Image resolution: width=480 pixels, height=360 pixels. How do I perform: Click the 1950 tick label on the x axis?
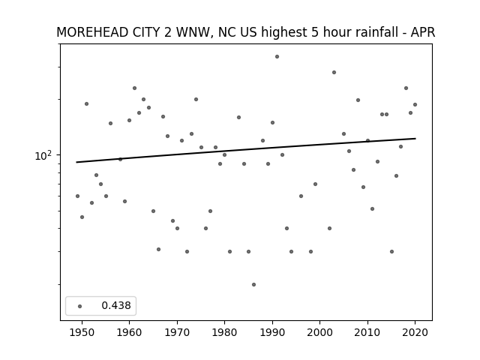[82, 332]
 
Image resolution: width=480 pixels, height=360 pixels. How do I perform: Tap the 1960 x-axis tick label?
[129, 332]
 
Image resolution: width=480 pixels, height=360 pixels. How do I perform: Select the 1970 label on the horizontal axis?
[177, 332]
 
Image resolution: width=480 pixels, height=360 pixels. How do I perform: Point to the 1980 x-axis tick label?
[224, 332]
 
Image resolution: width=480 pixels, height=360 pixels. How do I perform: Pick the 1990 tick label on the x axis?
[272, 332]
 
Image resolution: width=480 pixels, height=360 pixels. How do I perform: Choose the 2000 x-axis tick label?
[319, 332]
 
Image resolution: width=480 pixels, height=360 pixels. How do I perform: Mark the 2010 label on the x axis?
[367, 332]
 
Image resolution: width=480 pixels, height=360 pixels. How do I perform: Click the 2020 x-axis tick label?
[415, 332]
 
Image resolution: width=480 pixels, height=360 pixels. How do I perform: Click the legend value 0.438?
[116, 305]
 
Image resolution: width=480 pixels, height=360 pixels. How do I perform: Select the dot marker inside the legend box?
[80, 306]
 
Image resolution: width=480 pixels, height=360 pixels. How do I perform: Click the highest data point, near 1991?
[277, 57]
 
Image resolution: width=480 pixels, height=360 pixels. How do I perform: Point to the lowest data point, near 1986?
[253, 285]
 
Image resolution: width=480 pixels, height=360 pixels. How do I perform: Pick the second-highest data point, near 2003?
[334, 73]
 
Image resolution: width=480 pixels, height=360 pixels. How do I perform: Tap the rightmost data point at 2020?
[415, 105]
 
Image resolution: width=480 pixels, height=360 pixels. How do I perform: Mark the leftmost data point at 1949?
[77, 196]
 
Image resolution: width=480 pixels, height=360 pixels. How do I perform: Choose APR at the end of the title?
[423, 32]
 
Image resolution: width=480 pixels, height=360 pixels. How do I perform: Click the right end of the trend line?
[415, 139]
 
